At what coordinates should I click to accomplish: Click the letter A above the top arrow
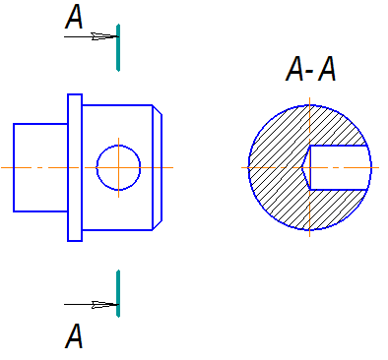pyautogui.click(x=74, y=17)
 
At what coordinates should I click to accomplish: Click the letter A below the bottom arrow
pyautogui.click(x=74, y=335)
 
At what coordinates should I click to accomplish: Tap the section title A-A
pyautogui.click(x=310, y=69)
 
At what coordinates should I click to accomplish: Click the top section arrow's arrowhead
pyautogui.click(x=104, y=36)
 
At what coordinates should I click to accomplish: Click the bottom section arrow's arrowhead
pyautogui.click(x=104, y=305)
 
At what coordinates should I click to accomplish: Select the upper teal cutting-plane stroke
pyautogui.click(x=118, y=47)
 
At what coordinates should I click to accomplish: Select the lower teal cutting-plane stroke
pyautogui.click(x=118, y=293)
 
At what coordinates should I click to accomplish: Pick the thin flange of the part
pyautogui.click(x=75, y=167)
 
